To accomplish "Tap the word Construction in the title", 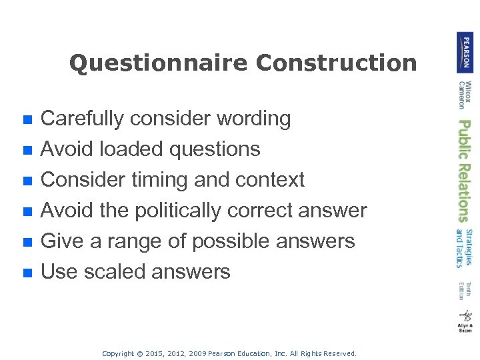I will tap(336, 63).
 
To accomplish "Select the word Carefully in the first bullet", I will tap(83, 119).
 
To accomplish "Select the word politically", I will tap(180, 210).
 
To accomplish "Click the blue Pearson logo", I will tap(465, 52).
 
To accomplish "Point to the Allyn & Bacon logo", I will tap(465, 321).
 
